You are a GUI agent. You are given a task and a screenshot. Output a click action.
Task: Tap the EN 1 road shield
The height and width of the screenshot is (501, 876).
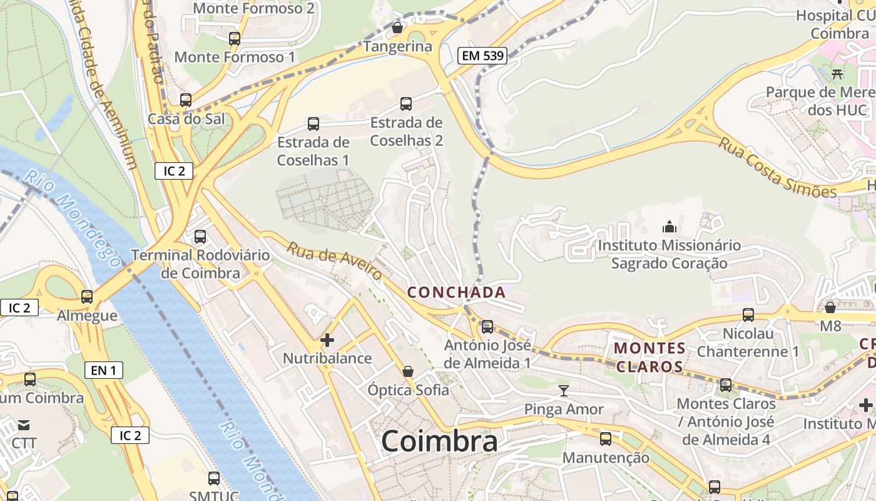coord(104,370)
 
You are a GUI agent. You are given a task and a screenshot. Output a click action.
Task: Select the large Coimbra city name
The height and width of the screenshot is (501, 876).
coord(439,441)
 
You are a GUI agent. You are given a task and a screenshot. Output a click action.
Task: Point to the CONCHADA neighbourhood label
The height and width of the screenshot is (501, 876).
coord(456,292)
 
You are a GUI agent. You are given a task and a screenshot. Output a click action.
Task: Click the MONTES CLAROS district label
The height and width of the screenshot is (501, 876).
coord(649,357)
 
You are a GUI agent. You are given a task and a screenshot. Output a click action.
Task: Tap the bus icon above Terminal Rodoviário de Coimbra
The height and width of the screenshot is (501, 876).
coord(200,237)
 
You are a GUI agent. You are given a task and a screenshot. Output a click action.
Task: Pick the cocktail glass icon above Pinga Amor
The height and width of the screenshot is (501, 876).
coord(564,391)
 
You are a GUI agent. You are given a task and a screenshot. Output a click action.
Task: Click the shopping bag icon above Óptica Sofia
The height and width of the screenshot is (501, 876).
coord(408,371)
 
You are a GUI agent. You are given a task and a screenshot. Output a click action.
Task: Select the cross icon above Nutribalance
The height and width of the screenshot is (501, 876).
coord(327,340)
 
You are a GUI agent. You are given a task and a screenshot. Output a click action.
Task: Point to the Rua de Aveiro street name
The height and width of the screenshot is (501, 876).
coord(335,262)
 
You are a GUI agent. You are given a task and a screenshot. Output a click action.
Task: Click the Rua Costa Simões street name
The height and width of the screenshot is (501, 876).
coord(777,167)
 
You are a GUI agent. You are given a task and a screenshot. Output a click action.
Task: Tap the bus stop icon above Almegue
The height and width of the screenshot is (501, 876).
coord(87,297)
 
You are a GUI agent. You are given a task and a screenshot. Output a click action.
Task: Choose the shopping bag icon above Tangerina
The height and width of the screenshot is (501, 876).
coord(397,28)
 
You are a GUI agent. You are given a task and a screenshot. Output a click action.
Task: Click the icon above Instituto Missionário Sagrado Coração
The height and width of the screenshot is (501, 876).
coord(670,226)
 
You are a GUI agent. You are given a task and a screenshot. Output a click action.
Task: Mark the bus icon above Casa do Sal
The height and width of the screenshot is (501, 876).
coord(186,100)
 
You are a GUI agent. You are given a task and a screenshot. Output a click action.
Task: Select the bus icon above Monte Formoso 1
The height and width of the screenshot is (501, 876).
coord(235,38)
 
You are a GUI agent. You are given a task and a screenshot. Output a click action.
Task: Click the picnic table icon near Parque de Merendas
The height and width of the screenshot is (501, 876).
coord(837,74)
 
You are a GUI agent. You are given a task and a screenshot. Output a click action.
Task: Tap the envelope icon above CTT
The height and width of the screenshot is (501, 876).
coord(24,425)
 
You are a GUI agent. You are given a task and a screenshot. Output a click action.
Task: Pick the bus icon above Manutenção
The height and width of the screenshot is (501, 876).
coord(606,439)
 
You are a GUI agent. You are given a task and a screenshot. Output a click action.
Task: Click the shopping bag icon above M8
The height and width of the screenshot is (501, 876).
coord(830,307)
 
